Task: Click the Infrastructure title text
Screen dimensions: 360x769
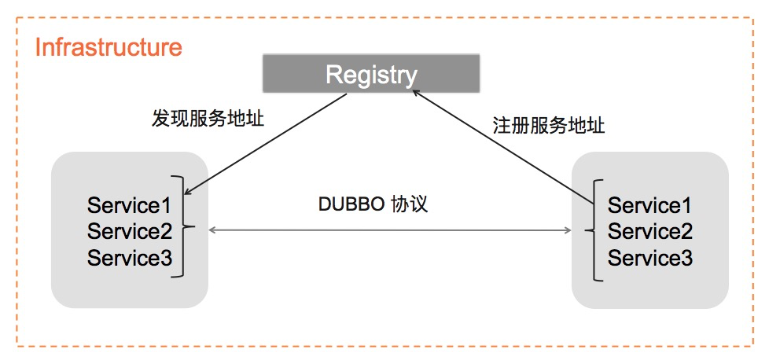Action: coord(109,47)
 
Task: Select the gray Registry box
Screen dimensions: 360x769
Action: coord(371,75)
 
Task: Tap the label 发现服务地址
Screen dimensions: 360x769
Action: coord(208,119)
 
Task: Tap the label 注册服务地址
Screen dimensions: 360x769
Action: coord(549,126)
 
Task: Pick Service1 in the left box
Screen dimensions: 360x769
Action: coord(129,206)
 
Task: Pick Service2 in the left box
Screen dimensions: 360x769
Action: coord(129,232)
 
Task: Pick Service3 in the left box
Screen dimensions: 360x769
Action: coord(129,258)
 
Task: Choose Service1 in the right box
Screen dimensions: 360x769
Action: coord(649,206)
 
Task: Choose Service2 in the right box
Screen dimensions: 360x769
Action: coord(649,232)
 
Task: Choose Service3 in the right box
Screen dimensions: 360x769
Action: coord(649,258)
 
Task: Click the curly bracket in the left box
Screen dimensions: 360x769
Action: coord(186,228)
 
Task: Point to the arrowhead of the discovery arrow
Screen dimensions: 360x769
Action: coord(189,192)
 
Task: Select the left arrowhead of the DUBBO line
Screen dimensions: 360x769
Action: coord(212,230)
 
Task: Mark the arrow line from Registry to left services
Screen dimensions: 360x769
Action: coord(267,142)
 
